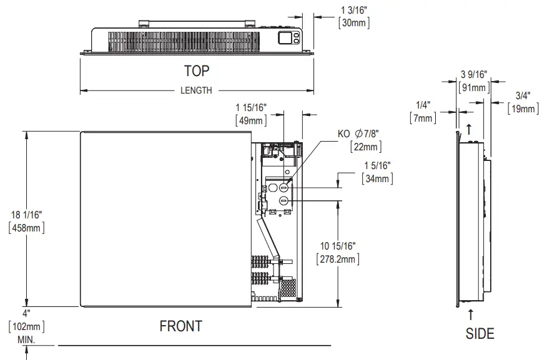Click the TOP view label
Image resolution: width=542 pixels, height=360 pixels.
click(196, 71)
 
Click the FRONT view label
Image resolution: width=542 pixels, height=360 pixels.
click(180, 326)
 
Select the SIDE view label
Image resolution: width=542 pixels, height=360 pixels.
click(480, 334)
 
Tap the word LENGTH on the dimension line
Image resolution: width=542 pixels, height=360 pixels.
click(196, 90)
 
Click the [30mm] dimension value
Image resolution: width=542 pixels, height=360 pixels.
click(354, 23)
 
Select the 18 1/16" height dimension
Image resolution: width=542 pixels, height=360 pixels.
click(26, 215)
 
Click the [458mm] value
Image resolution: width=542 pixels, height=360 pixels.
click(26, 228)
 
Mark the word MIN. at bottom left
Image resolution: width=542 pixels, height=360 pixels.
click(26, 340)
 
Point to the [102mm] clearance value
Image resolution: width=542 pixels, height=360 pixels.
click(26, 326)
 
